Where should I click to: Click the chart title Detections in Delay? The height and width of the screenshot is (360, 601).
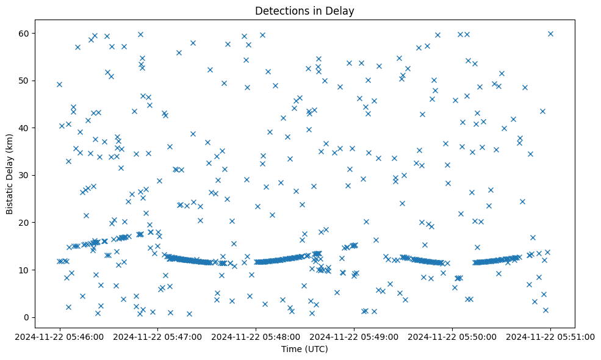(x=304, y=11)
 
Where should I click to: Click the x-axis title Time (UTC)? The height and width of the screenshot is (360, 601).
(x=304, y=349)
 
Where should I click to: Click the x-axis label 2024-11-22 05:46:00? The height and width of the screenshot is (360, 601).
(x=59, y=336)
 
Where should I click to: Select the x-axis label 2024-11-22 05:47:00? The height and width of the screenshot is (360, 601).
(x=157, y=336)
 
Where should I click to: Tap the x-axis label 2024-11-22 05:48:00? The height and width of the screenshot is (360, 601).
(x=256, y=336)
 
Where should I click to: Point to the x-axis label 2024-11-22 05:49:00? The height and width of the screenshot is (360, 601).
(x=354, y=336)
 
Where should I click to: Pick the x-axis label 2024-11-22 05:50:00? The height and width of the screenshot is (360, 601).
(x=452, y=336)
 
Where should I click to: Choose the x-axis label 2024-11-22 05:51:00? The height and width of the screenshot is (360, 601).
(x=550, y=336)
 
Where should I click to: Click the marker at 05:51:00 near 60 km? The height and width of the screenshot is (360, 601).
(x=550, y=34)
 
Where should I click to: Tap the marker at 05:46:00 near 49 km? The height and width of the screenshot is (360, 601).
(x=59, y=84)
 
